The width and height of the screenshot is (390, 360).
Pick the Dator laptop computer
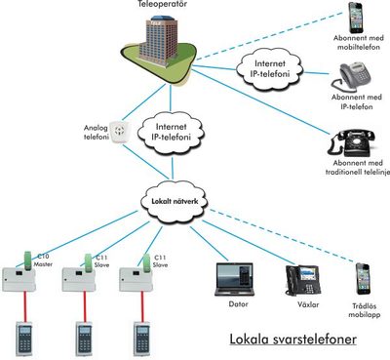coord(233,278)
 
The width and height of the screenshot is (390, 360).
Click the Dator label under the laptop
coord(233,303)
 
